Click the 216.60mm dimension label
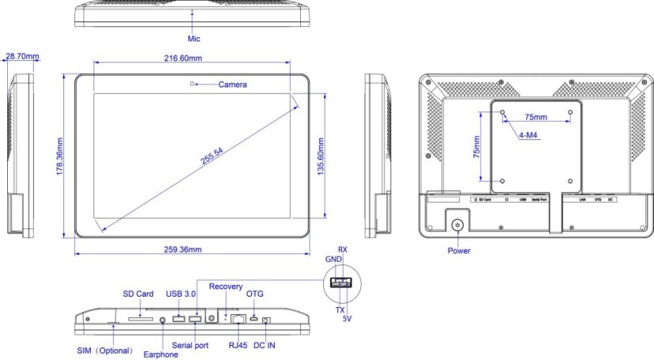coord(193,59)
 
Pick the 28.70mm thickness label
coord(22,57)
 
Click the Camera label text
coord(232,85)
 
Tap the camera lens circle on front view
coord(192,83)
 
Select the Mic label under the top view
coord(194,38)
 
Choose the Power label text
coord(458,251)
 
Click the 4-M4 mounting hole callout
coord(530,135)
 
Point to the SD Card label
coord(137,294)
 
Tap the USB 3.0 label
coord(181,294)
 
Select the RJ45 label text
coord(238,345)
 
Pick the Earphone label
coord(162,354)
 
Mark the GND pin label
coord(333,259)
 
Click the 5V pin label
coord(347,318)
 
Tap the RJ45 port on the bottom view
coord(237,319)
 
